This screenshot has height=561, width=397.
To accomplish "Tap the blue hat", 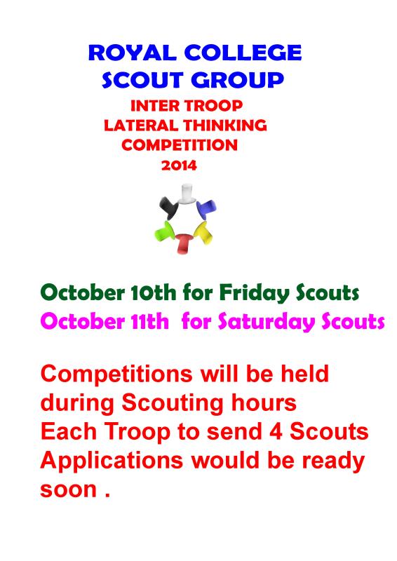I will point(207,207).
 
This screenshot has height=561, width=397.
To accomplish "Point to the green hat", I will point(163,229).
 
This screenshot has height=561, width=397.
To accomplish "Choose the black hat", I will point(168,205).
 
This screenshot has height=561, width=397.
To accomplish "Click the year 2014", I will point(180,166).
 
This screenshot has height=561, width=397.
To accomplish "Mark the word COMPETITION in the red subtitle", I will point(180,146).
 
